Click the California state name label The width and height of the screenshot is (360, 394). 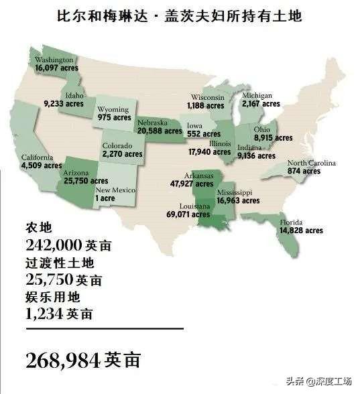40,157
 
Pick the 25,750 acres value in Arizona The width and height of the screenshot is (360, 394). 85,181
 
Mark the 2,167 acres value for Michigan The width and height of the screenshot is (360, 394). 261,105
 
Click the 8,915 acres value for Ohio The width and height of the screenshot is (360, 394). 272,138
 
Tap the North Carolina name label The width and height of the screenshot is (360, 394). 312,163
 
